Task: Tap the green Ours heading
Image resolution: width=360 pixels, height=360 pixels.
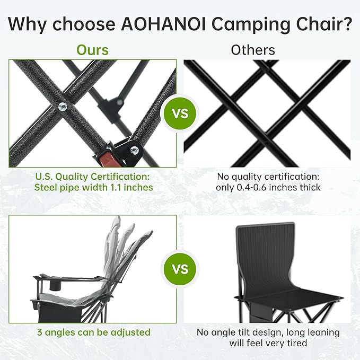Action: (x=92, y=50)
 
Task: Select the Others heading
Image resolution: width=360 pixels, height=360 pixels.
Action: (x=253, y=50)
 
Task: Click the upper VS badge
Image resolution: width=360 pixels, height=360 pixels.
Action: (x=180, y=113)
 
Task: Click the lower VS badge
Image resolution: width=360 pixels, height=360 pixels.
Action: (x=180, y=269)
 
